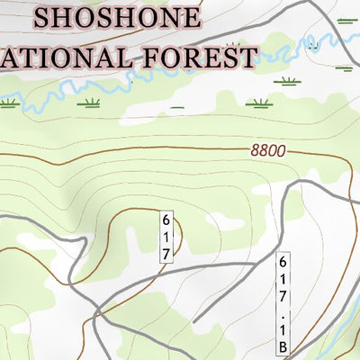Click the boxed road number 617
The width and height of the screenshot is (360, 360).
pyautogui.click(x=166, y=236)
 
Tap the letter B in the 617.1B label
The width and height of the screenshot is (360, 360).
pyautogui.click(x=283, y=346)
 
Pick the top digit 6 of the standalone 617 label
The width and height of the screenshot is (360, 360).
pyautogui.click(x=166, y=219)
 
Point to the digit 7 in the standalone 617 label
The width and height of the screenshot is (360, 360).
pyautogui.click(x=166, y=253)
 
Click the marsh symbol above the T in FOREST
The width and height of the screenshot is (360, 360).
pyautogui.click(x=235, y=43)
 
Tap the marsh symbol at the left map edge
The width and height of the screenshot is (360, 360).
pyautogui.click(x=9, y=103)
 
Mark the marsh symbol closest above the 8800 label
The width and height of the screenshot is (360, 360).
pyautogui.click(x=287, y=81)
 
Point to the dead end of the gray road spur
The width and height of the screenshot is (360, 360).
pyautogui.click(x=197, y=320)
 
